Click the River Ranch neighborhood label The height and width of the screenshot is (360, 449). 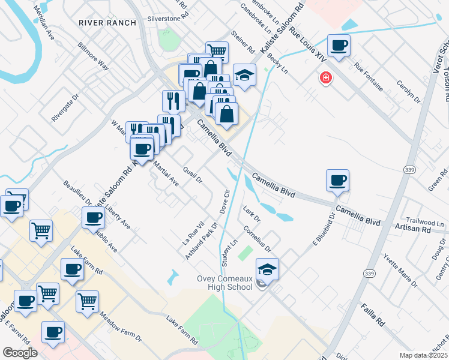point(107,22)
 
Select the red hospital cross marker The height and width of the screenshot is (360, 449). point(326,79)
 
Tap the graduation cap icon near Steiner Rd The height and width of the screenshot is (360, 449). point(245,75)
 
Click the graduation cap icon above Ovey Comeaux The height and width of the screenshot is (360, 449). point(268,269)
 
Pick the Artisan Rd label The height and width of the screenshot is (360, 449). point(413,229)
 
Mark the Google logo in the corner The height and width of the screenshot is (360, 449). point(20,353)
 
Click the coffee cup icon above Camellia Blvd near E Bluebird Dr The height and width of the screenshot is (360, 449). point(338,180)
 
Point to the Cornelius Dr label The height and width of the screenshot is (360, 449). point(257,238)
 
